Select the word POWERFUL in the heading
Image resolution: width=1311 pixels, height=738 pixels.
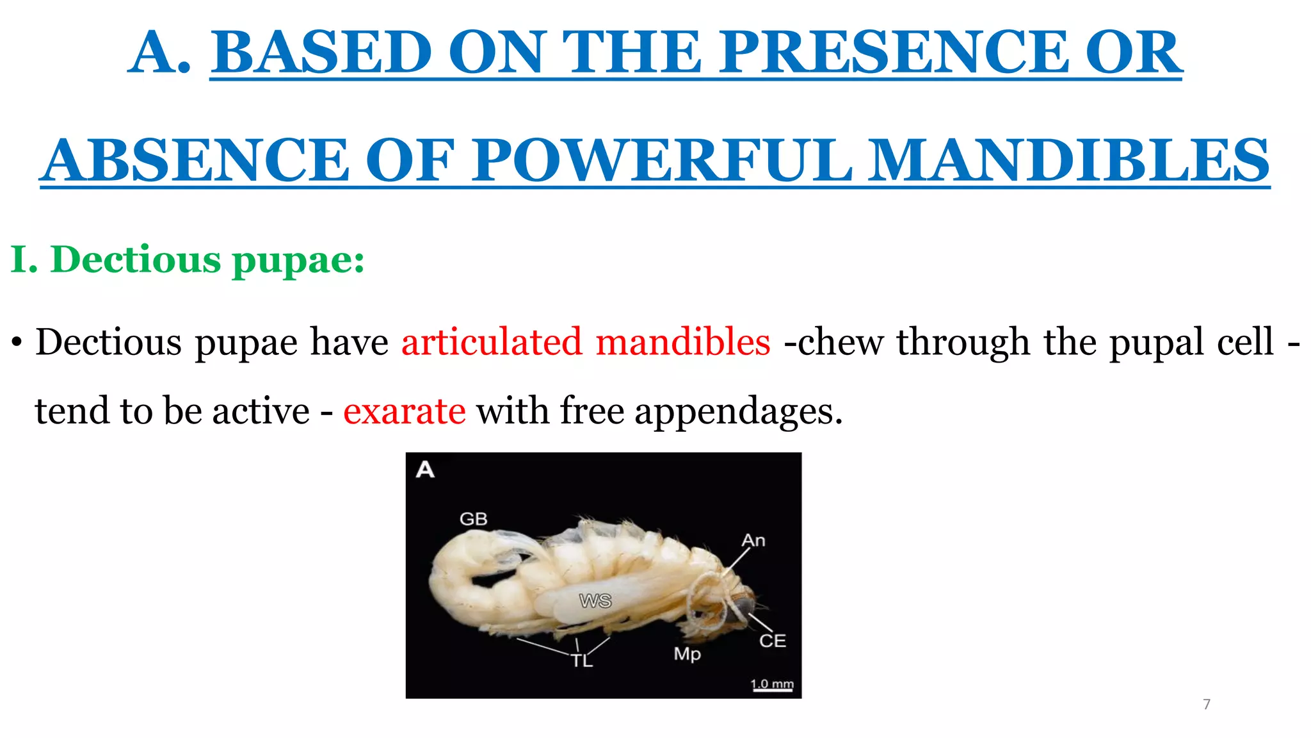coord(662,160)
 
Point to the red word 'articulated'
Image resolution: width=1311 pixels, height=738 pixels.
coord(492,342)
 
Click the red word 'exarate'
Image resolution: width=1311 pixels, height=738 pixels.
coord(404,411)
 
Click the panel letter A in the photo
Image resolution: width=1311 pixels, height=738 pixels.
coord(425,470)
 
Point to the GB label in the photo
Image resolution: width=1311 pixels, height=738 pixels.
coord(473,519)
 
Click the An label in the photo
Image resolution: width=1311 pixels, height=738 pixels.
coord(753,541)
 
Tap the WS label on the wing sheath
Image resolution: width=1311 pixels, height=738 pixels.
coord(595,601)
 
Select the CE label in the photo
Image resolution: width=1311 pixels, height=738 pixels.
coord(772,641)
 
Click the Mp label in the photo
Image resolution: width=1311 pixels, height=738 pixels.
coord(687,654)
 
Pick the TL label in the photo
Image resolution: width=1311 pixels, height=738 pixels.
coord(582,660)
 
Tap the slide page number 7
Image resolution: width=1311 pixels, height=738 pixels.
coord(1207,705)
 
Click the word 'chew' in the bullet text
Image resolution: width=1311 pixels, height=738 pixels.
coord(842,342)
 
